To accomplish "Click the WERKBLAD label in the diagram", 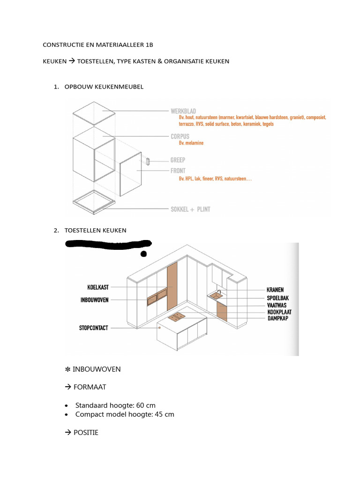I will pos(183,111).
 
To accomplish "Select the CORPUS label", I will pos(180,136).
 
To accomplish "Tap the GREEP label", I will pos(178,160).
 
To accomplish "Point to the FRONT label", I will pos(178,171).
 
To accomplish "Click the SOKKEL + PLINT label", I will pos(190,209).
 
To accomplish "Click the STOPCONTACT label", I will pos(93,328).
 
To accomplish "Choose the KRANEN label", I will pos(275,290).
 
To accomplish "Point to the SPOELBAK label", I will pos(277,298).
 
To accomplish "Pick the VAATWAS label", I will pos(276,305).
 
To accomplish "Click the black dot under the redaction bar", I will pos(143,254).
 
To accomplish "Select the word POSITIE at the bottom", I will pos(86,433).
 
